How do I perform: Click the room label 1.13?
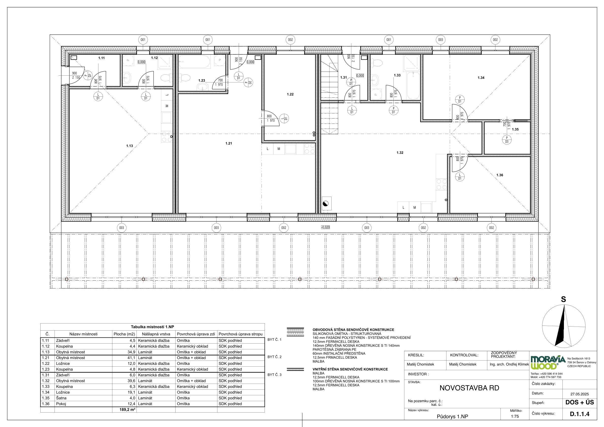(129, 146)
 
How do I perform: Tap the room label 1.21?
(229, 143)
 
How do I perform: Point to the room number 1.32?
(400, 152)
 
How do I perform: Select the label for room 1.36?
(499, 175)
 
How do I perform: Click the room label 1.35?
(515, 129)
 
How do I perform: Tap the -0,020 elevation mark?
(325, 227)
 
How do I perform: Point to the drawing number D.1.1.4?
(580, 414)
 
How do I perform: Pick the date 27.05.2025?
(580, 394)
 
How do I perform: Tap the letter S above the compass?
(563, 299)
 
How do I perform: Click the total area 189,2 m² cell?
(127, 409)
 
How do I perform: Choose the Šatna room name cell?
(61, 398)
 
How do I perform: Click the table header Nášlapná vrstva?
(156, 334)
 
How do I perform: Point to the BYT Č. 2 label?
(274, 357)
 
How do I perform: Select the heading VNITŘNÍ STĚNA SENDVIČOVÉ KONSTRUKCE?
(350, 369)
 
